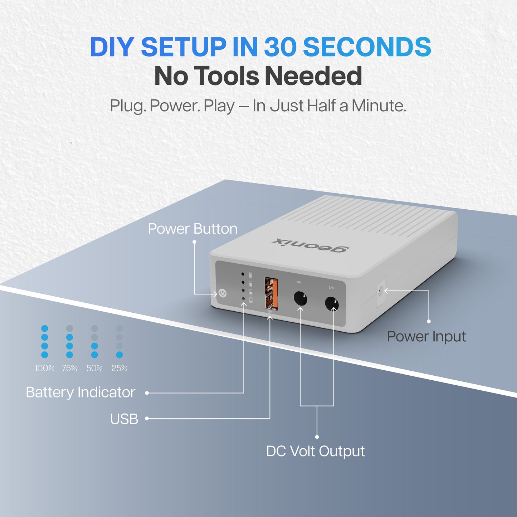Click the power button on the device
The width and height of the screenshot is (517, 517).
point(223,293)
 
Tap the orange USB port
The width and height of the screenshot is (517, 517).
point(271,293)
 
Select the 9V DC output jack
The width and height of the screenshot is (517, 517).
point(300,298)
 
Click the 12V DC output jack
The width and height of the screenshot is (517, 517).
point(332,304)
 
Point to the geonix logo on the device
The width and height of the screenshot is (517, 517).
point(310,245)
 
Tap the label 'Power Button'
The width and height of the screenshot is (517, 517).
point(192,229)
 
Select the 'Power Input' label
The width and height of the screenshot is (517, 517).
point(426,337)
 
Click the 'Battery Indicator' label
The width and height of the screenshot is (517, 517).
point(81,392)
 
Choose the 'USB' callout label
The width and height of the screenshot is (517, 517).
point(124,419)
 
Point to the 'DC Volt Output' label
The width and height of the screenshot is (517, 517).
point(315,451)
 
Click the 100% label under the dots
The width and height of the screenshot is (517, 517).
point(45,368)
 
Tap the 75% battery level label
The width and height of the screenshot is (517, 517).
point(69,368)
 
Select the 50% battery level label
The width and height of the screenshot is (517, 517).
point(94,368)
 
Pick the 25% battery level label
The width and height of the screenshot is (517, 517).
point(120,368)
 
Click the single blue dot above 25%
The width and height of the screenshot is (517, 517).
point(120,355)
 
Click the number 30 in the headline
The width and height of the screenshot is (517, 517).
point(280,47)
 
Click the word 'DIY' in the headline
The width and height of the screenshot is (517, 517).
point(112,47)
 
